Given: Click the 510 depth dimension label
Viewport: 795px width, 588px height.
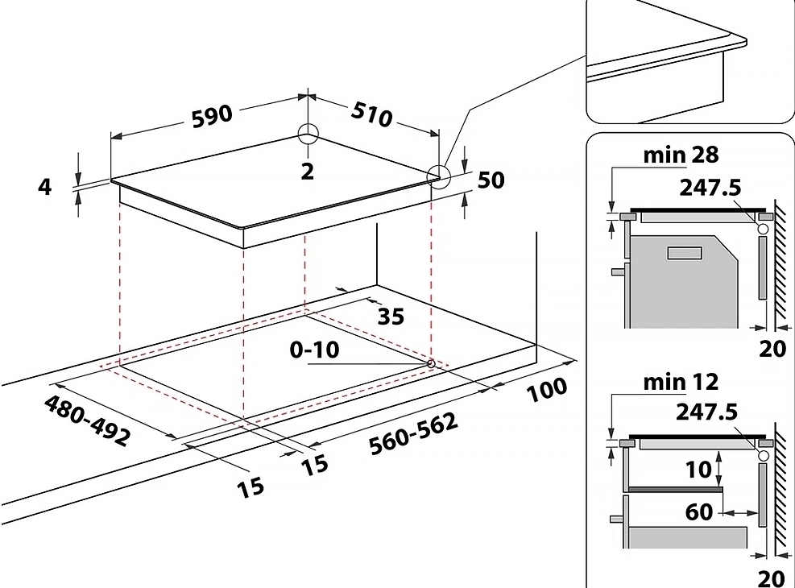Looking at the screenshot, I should [371, 114].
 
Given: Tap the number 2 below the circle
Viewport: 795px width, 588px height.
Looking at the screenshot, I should [307, 170].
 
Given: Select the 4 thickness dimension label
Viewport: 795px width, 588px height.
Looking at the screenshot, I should [45, 186].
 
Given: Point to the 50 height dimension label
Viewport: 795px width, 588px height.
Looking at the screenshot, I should [491, 180].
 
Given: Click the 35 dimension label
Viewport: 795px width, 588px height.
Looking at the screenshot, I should [391, 316].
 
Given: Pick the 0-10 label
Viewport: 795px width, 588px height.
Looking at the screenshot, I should [317, 350].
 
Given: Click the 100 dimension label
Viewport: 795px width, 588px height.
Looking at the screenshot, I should [548, 390].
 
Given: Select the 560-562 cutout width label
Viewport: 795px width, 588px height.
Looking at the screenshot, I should [415, 434].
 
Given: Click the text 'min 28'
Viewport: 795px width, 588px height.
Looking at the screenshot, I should [681, 154].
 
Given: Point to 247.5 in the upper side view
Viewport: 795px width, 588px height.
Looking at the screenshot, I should [709, 188].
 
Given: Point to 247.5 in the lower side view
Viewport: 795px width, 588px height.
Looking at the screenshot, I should [709, 412].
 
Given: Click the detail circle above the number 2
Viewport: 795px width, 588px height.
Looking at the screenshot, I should [308, 134].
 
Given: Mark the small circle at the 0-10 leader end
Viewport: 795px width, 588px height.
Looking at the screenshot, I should [431, 363].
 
